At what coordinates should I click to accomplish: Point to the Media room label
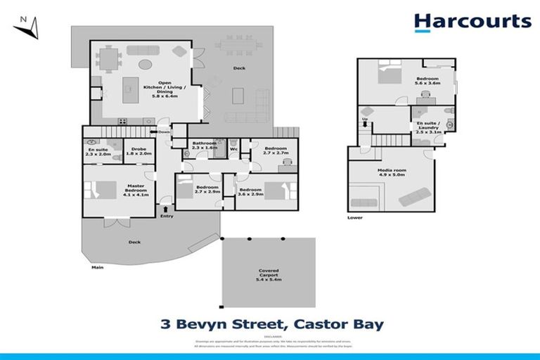(390, 172)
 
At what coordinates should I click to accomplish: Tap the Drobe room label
(136, 152)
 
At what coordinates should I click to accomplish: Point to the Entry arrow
(166, 209)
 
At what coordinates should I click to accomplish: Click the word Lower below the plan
(355, 218)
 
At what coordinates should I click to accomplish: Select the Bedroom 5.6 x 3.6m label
(427, 81)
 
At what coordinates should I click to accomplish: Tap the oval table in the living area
(143, 65)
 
